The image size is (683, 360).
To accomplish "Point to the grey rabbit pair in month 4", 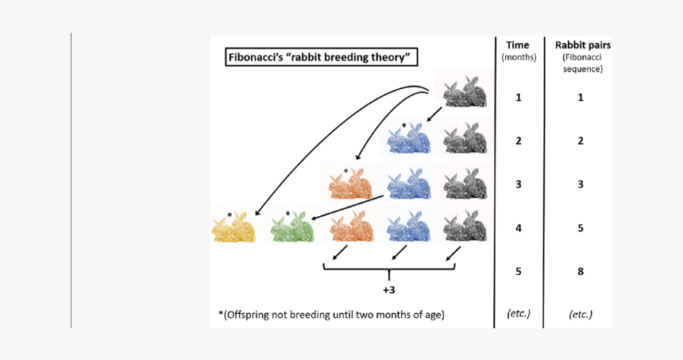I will pyautogui.click(x=464, y=226).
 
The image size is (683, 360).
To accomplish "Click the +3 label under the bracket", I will pyautogui.click(x=388, y=290).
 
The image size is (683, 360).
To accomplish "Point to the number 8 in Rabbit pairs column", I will pyautogui.click(x=581, y=271).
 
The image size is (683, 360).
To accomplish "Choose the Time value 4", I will pyautogui.click(x=518, y=228).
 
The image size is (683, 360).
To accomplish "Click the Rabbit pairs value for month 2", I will pyautogui.click(x=581, y=141).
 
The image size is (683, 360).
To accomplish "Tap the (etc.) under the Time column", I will pyautogui.click(x=518, y=314).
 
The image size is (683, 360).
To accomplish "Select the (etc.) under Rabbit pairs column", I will pyautogui.click(x=581, y=314).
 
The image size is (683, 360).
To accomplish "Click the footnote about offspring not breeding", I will pyautogui.click(x=331, y=314).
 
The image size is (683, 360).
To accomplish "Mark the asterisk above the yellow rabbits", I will pyautogui.click(x=230, y=215).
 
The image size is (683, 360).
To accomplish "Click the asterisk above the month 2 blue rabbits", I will pyautogui.click(x=403, y=126).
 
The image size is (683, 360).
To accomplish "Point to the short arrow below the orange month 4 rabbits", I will pyautogui.click(x=339, y=253).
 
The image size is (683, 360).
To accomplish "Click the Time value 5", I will pyautogui.click(x=518, y=271).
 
